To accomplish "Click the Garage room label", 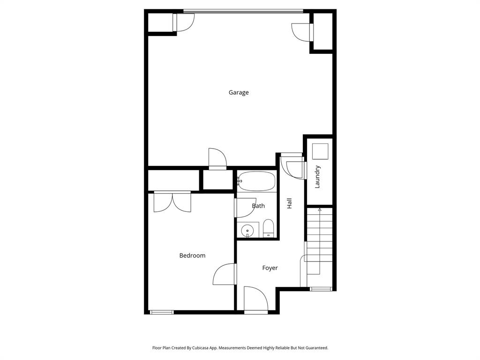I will (239, 92).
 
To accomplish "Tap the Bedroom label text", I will (192, 255).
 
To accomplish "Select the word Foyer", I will (270, 268).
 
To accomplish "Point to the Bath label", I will (258, 206).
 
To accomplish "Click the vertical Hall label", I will (290, 203).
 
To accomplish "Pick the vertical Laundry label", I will (317, 177).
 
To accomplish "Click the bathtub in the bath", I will (256, 181).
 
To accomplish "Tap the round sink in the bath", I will (247, 231).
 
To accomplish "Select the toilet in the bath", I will (268, 229).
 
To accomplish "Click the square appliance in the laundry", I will (320, 151).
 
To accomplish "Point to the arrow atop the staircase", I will (320, 210).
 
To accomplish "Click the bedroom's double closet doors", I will (172, 202).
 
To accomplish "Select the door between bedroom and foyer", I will (225, 275).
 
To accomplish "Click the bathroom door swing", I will (244, 208).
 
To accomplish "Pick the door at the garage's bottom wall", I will (217, 158).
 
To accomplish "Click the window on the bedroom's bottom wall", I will (161, 312).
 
